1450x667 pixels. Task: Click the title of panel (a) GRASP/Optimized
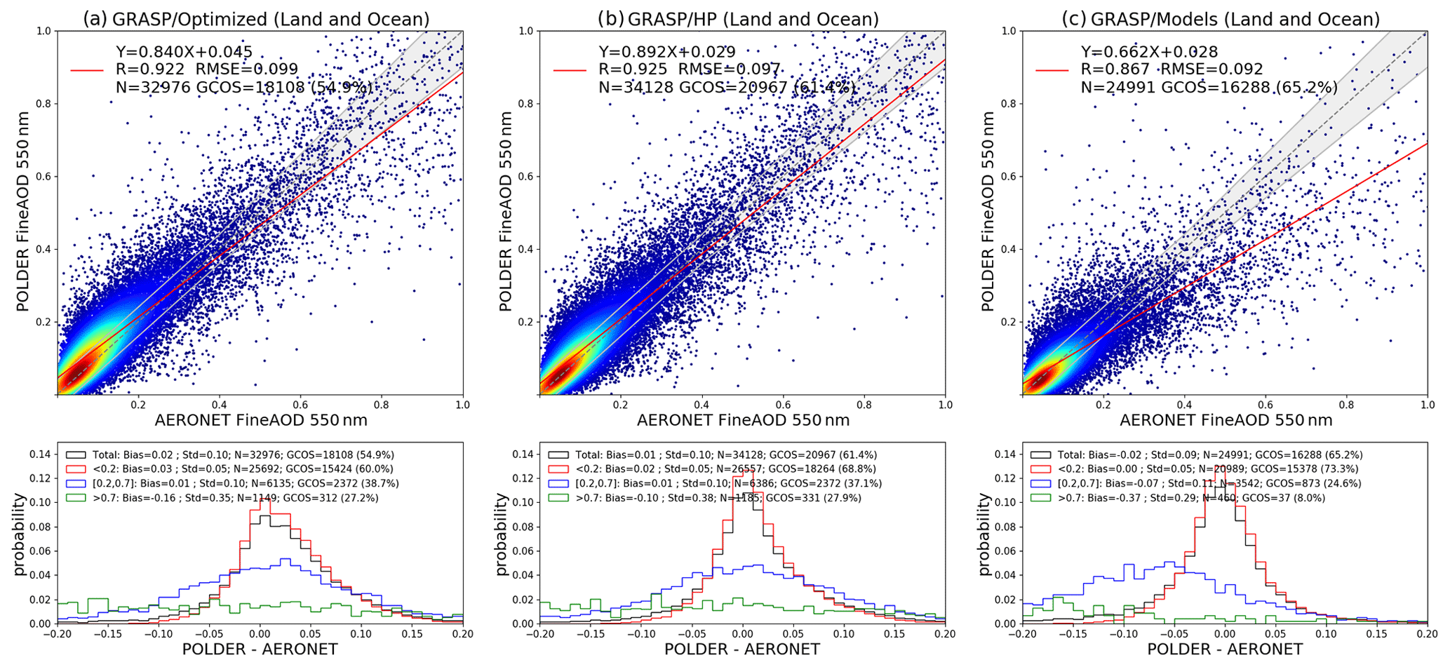pyautogui.click(x=255, y=19)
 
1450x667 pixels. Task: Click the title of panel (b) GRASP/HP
pyautogui.click(x=737, y=19)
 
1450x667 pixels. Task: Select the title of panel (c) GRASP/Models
pyautogui.click(x=1221, y=19)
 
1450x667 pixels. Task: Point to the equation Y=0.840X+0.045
pyautogui.click(x=184, y=51)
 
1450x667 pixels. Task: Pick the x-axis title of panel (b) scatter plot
pyautogui.click(x=743, y=420)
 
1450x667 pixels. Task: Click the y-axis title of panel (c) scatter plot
pyautogui.click(x=988, y=211)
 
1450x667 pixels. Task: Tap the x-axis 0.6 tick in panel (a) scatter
pyautogui.click(x=300, y=405)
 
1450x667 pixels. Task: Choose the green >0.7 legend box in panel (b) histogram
pyautogui.click(x=558, y=498)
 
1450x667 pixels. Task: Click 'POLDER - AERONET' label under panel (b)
pyautogui.click(x=742, y=649)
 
